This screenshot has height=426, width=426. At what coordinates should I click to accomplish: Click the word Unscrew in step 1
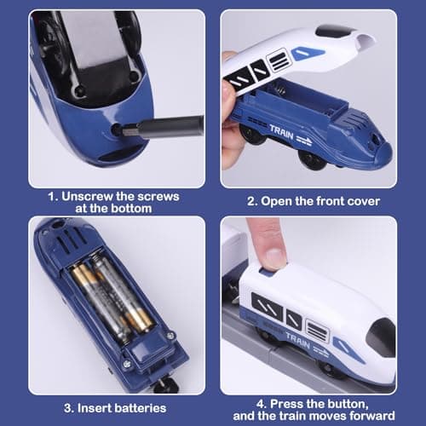pos(85,196)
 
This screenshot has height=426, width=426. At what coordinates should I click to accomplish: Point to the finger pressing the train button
pos(267,247)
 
